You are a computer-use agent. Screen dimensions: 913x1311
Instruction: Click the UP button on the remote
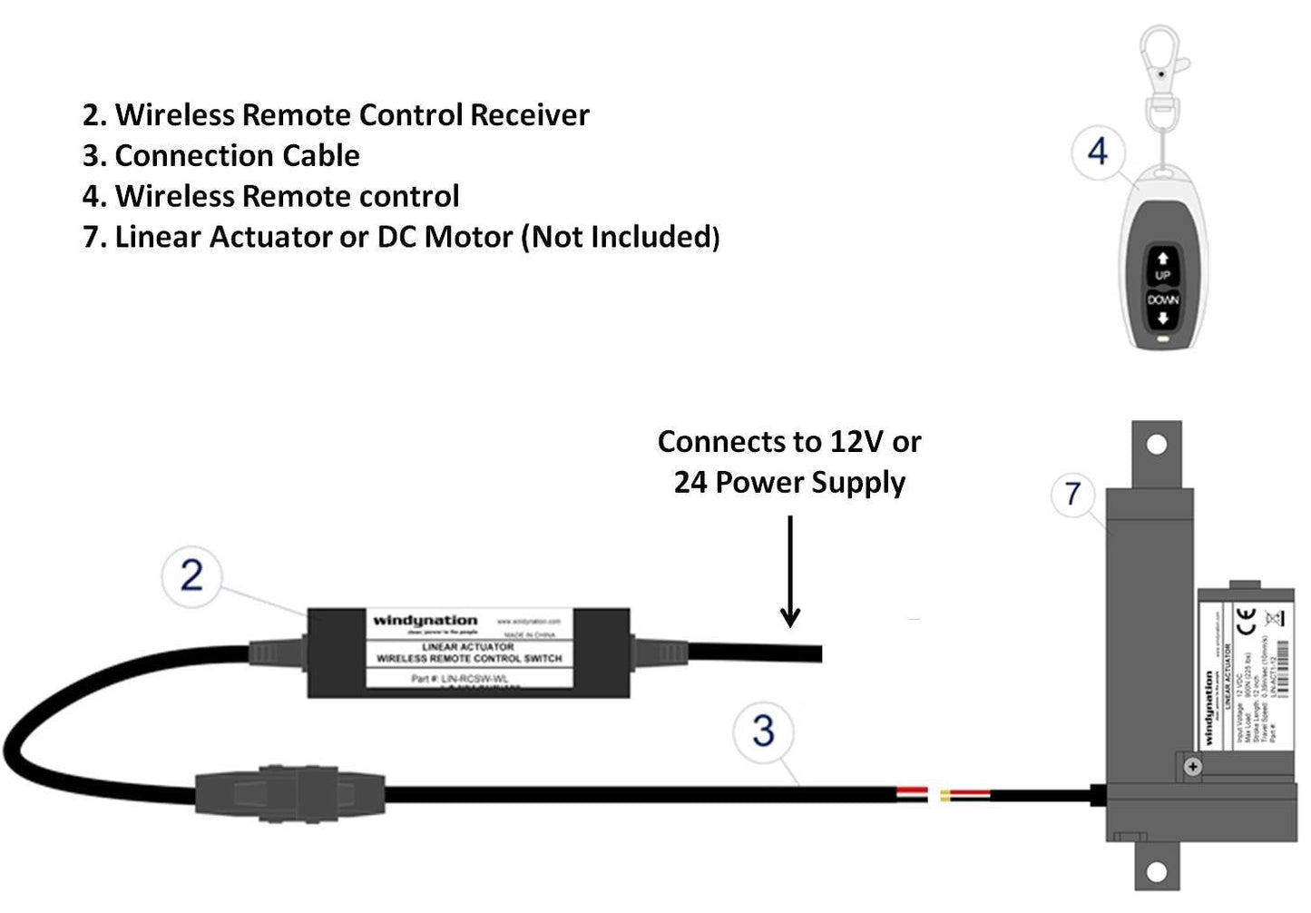click(1162, 266)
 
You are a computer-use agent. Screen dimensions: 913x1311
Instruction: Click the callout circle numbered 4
click(1098, 152)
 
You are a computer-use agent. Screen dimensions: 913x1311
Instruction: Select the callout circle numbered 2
click(191, 574)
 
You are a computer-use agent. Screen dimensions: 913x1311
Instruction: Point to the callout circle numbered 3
click(763, 731)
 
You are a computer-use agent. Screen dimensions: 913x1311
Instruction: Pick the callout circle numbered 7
click(1073, 494)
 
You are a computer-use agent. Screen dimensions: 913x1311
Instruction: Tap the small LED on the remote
click(1162, 342)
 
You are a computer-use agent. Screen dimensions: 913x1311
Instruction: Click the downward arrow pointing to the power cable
click(790, 572)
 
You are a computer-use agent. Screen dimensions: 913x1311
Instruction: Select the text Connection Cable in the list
click(237, 156)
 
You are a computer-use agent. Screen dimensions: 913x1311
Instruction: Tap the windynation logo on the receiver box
click(425, 621)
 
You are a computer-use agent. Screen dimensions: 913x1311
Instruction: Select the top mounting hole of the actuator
click(1157, 445)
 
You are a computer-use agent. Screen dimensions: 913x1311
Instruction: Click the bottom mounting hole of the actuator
click(1156, 872)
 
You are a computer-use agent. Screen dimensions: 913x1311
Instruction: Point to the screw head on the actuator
click(1193, 767)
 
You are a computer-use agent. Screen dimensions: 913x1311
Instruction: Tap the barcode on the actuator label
click(1282, 667)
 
